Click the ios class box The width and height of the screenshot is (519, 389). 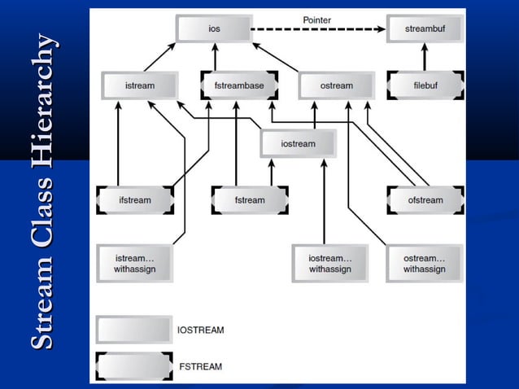tap(214, 29)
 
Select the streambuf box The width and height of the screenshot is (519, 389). tap(425, 29)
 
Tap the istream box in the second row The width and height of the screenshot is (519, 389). tap(140, 85)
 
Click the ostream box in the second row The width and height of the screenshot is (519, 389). tap(337, 85)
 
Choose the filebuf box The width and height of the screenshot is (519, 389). tap(425, 85)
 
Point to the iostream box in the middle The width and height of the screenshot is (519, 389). tap(298, 144)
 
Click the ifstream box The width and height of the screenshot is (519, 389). tap(135, 200)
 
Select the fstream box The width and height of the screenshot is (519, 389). tap(250, 200)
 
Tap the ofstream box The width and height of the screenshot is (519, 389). tap(425, 200)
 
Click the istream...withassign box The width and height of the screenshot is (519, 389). tap(134, 263)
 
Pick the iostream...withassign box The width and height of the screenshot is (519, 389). tap(329, 263)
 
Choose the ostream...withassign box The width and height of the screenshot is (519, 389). tap(425, 263)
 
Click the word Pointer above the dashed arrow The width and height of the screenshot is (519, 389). tap(317, 19)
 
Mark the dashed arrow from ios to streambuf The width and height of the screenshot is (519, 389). tap(317, 30)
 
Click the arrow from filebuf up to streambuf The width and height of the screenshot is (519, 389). tap(425, 57)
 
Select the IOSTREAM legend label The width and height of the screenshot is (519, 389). tap(200, 330)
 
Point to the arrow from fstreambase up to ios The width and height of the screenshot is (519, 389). tap(216, 57)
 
